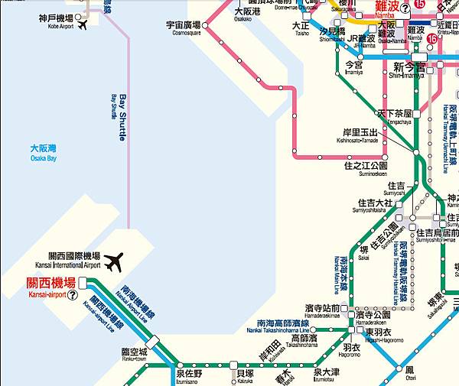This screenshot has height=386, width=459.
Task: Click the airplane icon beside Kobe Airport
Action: click(x=83, y=24)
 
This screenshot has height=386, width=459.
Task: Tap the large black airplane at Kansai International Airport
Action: click(x=114, y=262)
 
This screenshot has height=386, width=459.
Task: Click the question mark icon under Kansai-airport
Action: click(x=73, y=294)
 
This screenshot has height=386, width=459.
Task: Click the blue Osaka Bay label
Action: click(x=44, y=152)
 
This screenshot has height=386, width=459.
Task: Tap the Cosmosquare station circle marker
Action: click(x=205, y=25)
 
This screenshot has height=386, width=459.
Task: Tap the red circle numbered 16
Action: click(x=432, y=39)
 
